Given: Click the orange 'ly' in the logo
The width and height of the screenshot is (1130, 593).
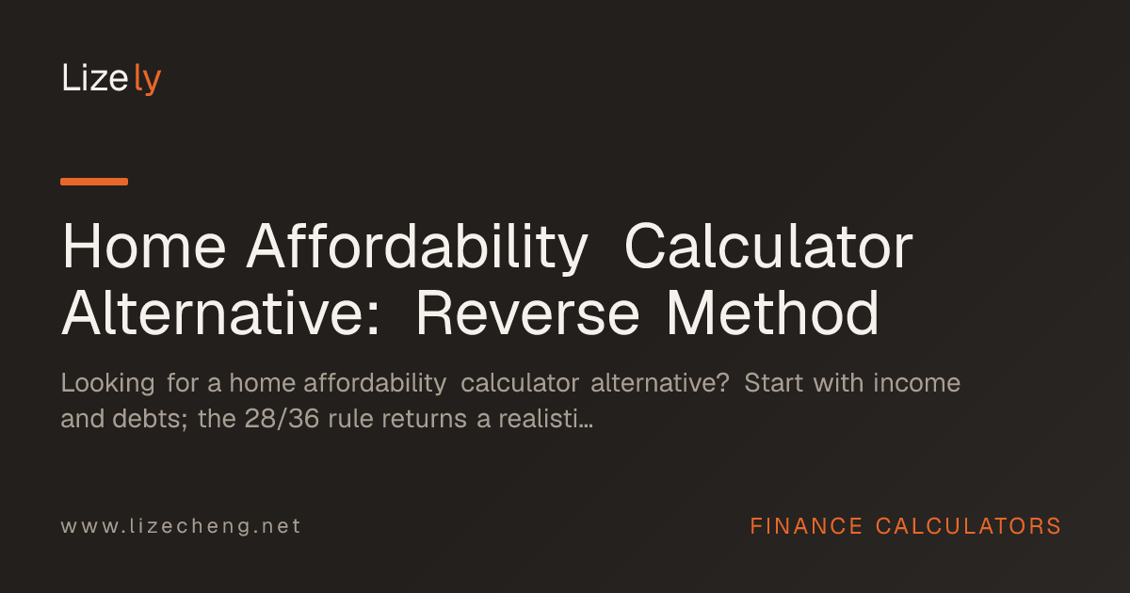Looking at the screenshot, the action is [x=147, y=79].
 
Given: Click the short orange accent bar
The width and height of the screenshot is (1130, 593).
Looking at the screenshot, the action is [x=94, y=182].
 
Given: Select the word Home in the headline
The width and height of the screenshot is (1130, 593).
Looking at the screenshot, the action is [x=143, y=247].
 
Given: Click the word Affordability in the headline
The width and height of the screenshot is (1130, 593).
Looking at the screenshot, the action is [x=417, y=248].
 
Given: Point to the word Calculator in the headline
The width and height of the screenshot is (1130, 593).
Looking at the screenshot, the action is [x=768, y=247].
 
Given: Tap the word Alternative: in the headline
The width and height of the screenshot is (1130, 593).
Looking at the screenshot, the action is [x=220, y=313].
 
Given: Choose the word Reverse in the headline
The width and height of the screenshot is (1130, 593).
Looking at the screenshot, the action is [x=527, y=313].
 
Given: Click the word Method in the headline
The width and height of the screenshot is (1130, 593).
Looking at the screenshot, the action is [x=773, y=313].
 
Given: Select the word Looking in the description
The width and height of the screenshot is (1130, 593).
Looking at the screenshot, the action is [x=108, y=383].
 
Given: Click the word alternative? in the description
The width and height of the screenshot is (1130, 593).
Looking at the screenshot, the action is [x=660, y=383].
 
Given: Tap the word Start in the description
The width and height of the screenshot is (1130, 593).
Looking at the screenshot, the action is [x=773, y=383].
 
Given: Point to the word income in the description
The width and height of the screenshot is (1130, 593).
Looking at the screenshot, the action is [x=916, y=383].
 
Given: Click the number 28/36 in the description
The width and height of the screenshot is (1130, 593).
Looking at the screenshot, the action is [x=282, y=419].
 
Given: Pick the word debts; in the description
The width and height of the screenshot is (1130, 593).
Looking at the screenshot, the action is [x=150, y=419].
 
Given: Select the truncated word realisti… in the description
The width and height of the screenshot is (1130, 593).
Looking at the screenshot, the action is [x=545, y=419].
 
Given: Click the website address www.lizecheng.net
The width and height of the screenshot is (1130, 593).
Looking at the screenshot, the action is [x=181, y=526].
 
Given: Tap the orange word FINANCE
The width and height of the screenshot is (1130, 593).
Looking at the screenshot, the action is [x=806, y=526].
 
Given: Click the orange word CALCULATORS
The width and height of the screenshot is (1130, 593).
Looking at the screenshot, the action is [x=969, y=526].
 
